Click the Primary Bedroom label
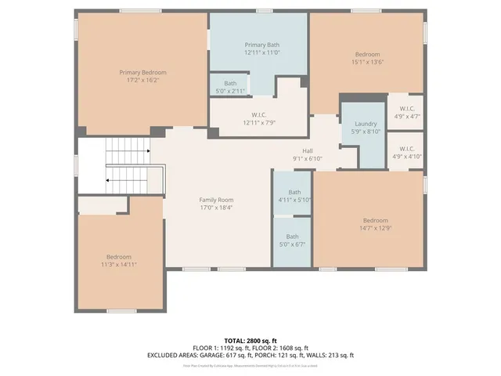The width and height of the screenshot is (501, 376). click(x=142, y=72)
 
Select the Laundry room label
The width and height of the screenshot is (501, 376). click(x=366, y=124)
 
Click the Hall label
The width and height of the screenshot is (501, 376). click(x=308, y=150)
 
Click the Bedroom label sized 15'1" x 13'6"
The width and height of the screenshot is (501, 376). click(x=367, y=54)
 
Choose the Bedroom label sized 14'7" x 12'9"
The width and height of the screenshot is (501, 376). click(x=375, y=220)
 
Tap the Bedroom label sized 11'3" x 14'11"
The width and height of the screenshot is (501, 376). click(x=119, y=257)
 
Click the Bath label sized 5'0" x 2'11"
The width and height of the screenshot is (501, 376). click(x=230, y=83)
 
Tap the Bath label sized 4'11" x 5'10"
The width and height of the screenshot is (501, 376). click(x=294, y=192)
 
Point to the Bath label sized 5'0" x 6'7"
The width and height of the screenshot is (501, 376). click(x=292, y=237)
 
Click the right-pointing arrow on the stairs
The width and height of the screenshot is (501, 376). click(x=146, y=150)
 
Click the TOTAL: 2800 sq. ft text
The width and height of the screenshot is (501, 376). click(x=250, y=340)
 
